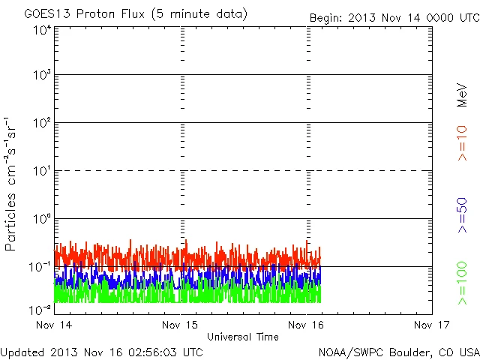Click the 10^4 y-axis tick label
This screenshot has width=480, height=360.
(x=41, y=31)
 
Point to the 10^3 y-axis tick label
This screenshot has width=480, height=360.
(x=41, y=75)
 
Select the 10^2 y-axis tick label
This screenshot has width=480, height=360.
(x=41, y=123)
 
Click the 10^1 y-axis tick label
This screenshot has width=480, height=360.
(x=41, y=171)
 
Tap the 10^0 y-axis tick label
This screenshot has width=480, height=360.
(x=41, y=219)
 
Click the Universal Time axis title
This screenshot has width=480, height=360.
(x=243, y=337)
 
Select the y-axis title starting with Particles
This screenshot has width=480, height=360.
(x=12, y=184)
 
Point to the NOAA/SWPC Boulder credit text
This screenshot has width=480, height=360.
(x=397, y=351)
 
